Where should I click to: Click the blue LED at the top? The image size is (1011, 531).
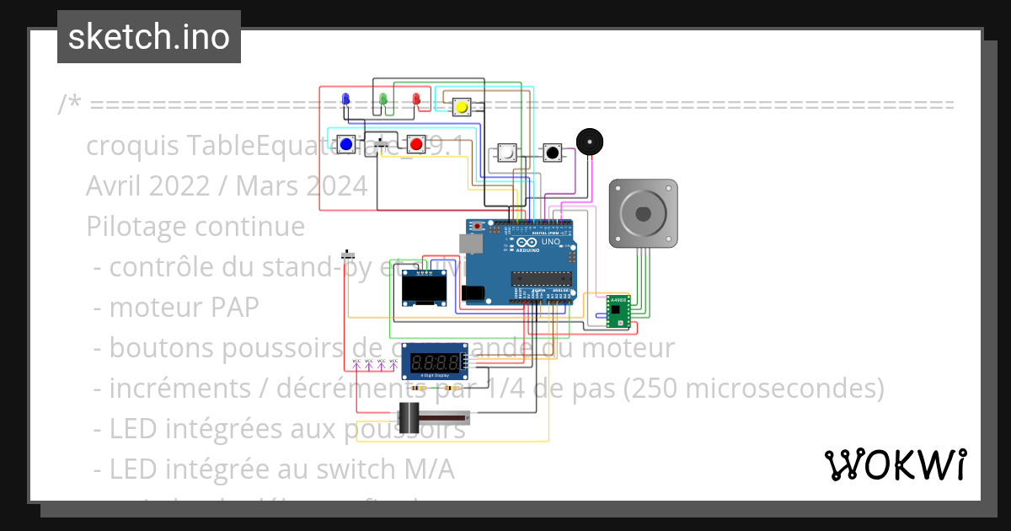345,100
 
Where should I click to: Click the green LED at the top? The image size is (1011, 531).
382,100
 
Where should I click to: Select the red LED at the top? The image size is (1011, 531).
415,100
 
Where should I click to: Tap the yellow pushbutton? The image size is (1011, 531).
462,107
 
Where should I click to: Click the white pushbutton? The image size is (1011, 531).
507,153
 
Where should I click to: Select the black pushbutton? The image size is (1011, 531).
553,153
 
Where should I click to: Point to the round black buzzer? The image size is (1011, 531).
590,142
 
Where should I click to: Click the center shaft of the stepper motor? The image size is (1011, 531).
643,213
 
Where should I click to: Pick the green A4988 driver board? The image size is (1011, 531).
618,311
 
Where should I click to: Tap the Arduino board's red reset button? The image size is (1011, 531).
479,226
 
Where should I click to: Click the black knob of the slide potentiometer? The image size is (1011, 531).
409,416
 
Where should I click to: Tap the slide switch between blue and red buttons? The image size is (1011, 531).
386,144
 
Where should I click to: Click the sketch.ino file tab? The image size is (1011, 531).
149,37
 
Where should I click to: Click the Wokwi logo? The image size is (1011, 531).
895,464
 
